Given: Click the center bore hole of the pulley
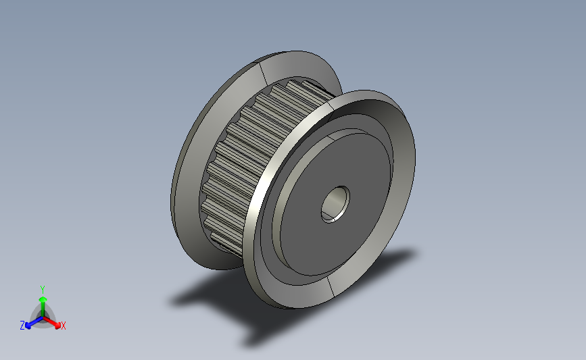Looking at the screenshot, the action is (x=335, y=204).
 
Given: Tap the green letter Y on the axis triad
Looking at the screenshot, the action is (x=43, y=290).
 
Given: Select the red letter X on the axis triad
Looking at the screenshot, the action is (x=64, y=326).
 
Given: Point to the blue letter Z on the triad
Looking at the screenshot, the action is (x=22, y=326).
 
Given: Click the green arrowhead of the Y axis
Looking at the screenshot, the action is (x=43, y=299).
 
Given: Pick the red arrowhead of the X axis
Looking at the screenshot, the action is (x=57, y=326).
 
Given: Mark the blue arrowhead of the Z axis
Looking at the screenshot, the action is (x=28, y=326).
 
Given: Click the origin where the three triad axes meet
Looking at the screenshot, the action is (x=43, y=318).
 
